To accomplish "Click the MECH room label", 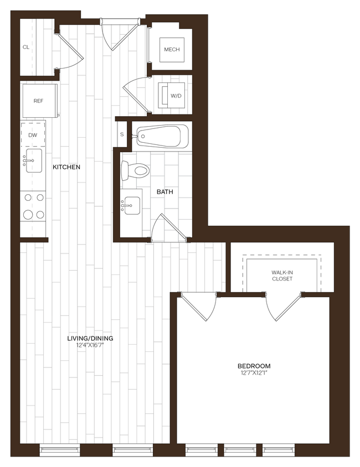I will coord(170,50).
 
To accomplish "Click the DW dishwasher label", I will coord(33,135).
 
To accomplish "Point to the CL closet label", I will coord(26,48).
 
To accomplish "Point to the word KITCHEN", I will coord(66,167).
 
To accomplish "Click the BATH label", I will coord(164,192).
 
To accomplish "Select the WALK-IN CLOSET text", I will coord(282,276).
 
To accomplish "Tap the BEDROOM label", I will coord(254,366).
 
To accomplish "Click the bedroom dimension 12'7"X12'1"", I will coord(254,373).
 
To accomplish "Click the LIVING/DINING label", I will coord(90,338).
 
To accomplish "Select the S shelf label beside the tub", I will coord(122,134).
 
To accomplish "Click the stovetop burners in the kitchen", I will coord(33,206).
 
